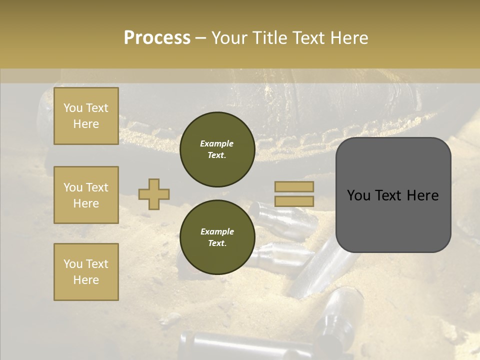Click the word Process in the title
coord(157,38)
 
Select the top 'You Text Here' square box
coord(86,116)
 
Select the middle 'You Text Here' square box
coord(86,195)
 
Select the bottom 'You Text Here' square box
coord(86,271)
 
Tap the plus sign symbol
coord(153,194)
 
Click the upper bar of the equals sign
coord(294,186)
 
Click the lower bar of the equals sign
coord(294,201)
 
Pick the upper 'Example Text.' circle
coord(217,149)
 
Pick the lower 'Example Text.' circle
coord(217,237)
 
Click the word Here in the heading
coord(348,38)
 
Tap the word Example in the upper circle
coord(216,143)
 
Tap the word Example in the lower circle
coord(217,231)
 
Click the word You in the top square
coord(73,108)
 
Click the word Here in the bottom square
coord(86,280)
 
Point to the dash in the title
coord(200,38)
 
